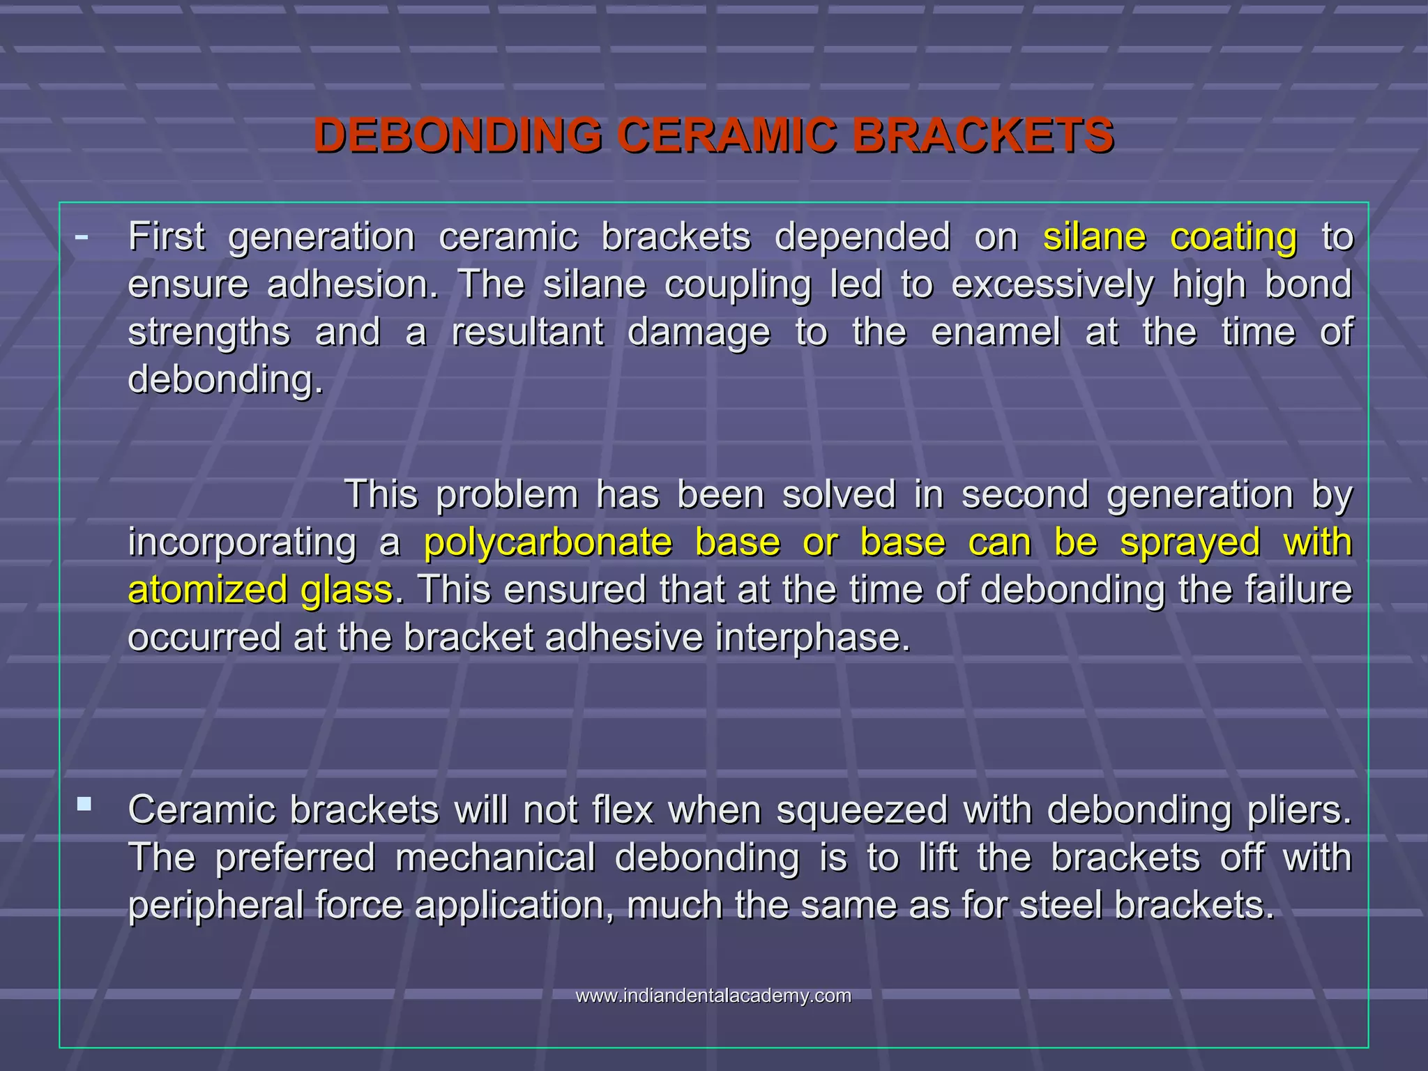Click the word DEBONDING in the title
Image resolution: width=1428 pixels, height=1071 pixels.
458,135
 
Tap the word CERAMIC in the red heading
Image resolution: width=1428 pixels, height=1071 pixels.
727,135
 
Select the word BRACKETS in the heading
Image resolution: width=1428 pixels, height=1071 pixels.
983,135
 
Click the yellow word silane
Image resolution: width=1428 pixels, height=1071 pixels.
1094,237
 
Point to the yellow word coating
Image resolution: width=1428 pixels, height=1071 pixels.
1233,237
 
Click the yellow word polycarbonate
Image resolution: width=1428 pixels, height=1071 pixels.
547,542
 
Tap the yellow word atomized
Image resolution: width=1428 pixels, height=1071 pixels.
207,590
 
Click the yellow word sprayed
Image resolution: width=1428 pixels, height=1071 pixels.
1190,542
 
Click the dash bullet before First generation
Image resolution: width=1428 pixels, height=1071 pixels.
82,237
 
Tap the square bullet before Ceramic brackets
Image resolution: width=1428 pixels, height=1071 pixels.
84,805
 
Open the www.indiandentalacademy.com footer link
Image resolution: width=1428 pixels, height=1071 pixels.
713,996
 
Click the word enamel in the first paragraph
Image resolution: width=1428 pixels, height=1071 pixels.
996,332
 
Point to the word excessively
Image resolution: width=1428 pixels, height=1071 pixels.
1052,284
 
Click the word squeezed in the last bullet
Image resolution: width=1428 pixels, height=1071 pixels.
862,810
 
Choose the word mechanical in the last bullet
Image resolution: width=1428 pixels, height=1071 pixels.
495,858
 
